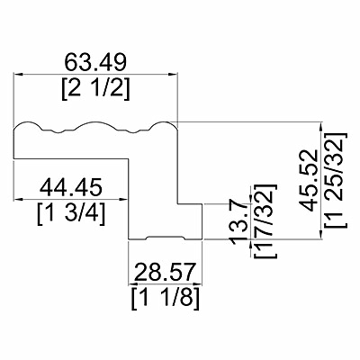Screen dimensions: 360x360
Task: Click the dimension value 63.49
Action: click(x=96, y=62)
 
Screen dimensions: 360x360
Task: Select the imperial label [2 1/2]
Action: click(x=96, y=90)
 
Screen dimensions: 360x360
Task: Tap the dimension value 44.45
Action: click(x=71, y=186)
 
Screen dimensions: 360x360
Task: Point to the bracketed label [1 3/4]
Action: click(x=71, y=214)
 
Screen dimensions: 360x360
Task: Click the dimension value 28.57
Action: click(x=166, y=272)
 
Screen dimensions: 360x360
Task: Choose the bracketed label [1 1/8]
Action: click(x=166, y=300)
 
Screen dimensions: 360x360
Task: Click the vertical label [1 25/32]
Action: click(x=337, y=180)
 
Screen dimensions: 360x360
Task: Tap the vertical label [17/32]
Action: click(x=265, y=220)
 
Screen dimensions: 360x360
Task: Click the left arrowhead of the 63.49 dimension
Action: click(x=18, y=74)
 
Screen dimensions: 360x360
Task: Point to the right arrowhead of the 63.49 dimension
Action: click(x=174, y=74)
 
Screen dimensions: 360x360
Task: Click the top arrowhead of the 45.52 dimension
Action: click(x=321, y=126)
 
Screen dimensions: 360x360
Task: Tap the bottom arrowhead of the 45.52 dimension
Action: click(x=321, y=235)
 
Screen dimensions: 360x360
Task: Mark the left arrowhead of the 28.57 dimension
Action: click(x=132, y=283)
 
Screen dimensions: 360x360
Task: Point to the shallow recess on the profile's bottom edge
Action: click(x=166, y=238)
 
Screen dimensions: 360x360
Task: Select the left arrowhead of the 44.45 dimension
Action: click(x=18, y=199)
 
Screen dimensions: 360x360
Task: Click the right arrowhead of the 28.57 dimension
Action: click(x=198, y=283)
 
